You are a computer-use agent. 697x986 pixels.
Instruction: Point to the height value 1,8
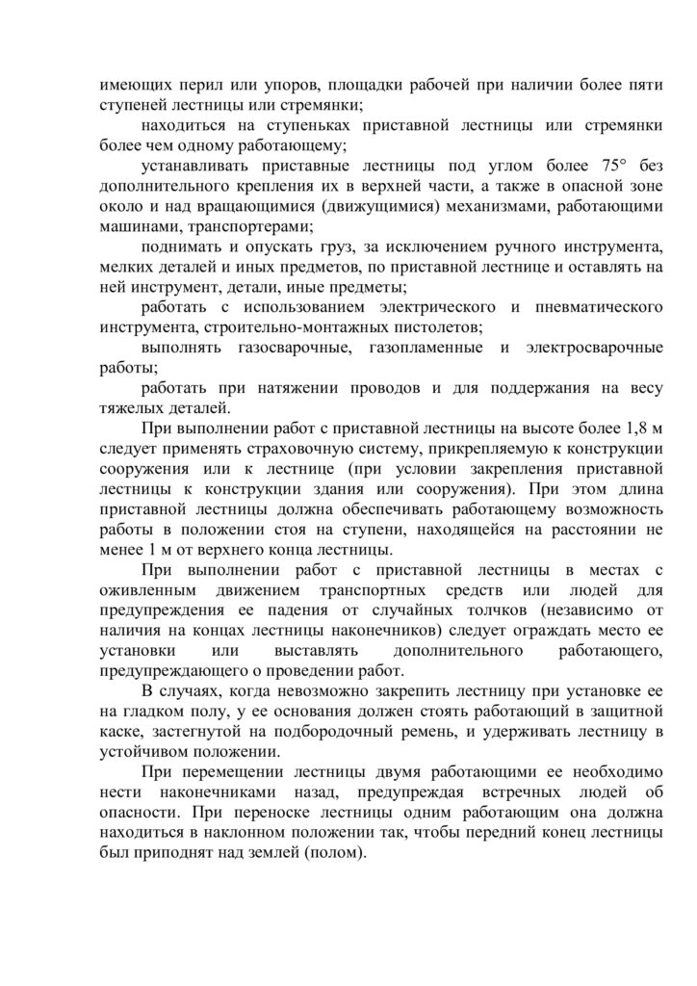626,428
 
